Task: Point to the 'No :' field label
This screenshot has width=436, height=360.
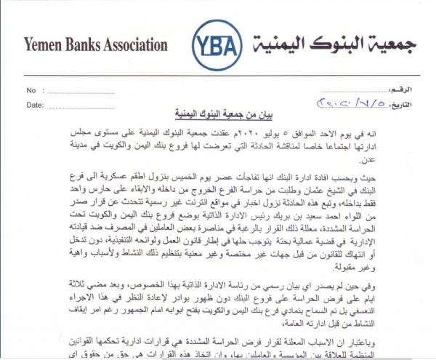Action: (31, 90)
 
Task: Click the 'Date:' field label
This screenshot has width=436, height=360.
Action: (33, 105)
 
